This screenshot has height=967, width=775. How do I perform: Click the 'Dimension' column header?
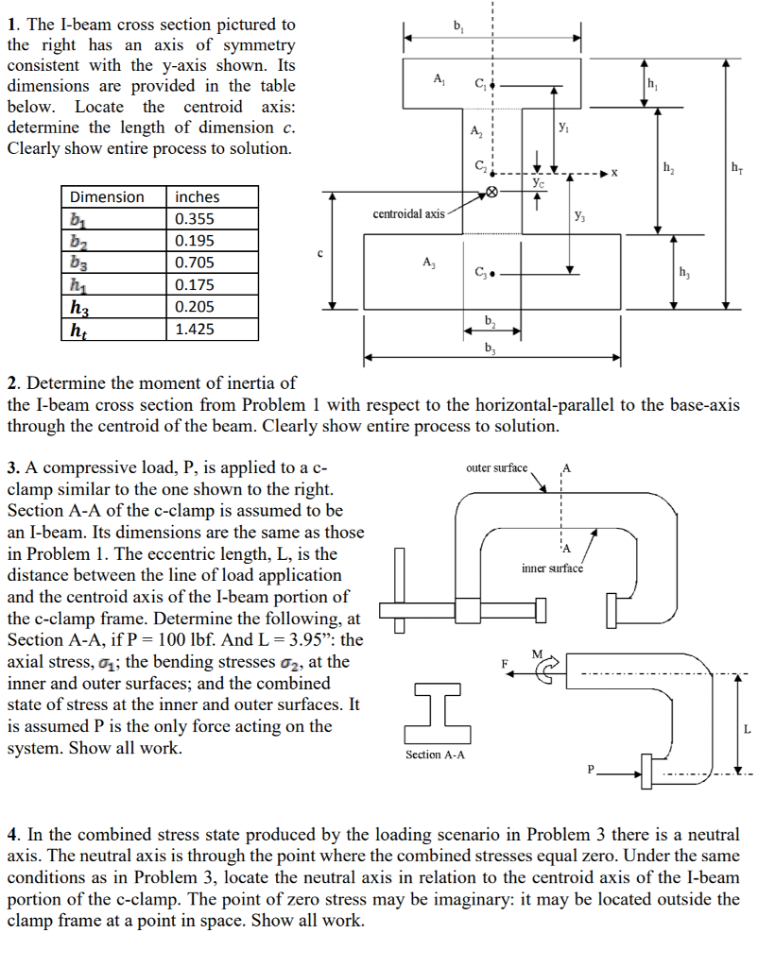pyautogui.click(x=108, y=197)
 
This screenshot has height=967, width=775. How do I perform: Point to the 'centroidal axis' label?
pyautogui.click(x=408, y=214)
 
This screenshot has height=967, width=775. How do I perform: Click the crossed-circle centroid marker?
pyautogui.click(x=491, y=193)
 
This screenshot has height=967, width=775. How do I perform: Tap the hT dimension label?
pyautogui.click(x=735, y=168)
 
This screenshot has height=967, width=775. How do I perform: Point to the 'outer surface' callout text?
pyautogui.click(x=496, y=468)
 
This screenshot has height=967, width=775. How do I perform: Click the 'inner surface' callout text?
pyautogui.click(x=552, y=568)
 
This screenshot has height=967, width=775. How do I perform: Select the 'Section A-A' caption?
pyautogui.click(x=435, y=755)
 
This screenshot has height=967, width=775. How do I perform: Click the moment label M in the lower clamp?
pyautogui.click(x=538, y=653)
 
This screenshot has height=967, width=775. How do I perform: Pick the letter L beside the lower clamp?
pyautogui.click(x=747, y=729)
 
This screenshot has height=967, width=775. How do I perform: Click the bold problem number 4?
pyautogui.click(x=12, y=836)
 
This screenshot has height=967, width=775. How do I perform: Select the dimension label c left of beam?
pyautogui.click(x=320, y=252)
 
